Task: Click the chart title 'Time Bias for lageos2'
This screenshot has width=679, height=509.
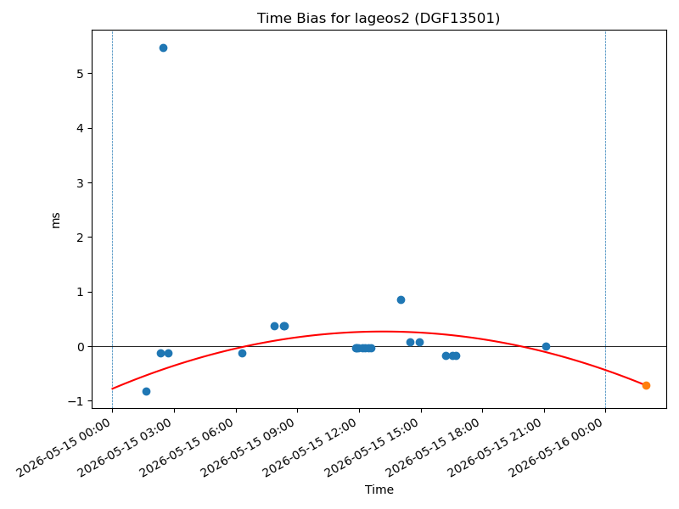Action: pos(333,18)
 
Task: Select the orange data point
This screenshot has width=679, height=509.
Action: pos(646,385)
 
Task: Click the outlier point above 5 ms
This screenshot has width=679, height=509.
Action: pos(163,48)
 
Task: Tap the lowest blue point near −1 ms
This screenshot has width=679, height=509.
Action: pos(146,391)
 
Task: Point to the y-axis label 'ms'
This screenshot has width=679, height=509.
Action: pos(55,221)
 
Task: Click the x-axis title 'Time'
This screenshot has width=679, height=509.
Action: pos(379,489)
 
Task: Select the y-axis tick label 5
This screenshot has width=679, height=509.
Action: pos(80,74)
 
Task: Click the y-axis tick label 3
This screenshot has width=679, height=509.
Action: pos(80,183)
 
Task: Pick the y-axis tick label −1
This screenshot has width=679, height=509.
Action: pos(76,401)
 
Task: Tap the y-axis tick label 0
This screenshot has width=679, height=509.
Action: pos(80,347)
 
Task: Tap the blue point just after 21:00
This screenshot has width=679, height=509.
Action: pos(546,346)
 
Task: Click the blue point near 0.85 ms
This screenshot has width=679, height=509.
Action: pos(401,300)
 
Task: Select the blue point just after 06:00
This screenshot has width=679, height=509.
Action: pos(242,353)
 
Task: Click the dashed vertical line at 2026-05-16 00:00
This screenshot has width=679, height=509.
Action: pos(605,219)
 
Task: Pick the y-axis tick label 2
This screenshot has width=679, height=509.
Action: pos(80,238)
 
